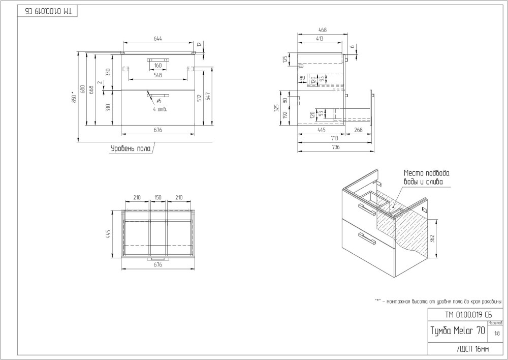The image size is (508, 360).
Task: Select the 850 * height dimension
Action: coord(73,97)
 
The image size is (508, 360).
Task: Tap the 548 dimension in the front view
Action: coord(157,75)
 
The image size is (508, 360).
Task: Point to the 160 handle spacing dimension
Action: coord(157,65)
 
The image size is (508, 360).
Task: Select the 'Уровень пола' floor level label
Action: coord(131,148)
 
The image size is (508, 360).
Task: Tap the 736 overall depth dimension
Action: coord(335,147)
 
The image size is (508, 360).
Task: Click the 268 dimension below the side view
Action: coord(358,130)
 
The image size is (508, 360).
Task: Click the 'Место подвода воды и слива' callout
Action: coord(427,177)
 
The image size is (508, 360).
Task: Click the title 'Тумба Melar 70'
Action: coord(457,331)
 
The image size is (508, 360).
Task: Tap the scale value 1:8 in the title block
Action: coord(496,333)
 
